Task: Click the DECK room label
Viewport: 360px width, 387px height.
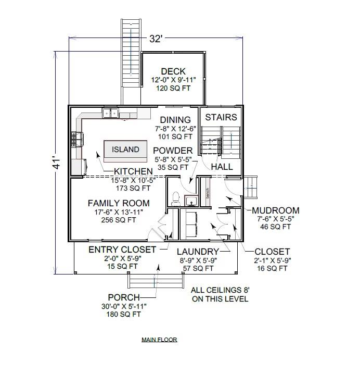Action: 173,71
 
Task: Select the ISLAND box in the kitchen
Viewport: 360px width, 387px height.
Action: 125,149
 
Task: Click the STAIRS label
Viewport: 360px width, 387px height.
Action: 221,117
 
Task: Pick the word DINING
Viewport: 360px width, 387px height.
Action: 175,120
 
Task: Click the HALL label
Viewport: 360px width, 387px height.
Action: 222,167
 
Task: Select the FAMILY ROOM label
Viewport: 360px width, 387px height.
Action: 119,203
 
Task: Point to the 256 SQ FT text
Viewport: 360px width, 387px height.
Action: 119,220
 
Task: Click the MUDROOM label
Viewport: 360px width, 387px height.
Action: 275,210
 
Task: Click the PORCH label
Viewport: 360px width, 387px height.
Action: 123,297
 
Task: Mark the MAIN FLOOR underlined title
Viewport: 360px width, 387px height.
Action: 159,340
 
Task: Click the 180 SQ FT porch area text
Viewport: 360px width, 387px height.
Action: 123,314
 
